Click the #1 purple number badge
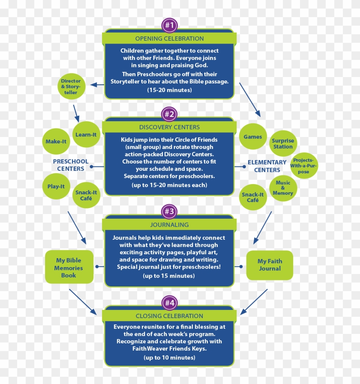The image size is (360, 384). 169,25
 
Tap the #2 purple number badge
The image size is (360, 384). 169,114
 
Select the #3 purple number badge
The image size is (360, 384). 169,211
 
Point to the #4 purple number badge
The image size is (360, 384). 169,303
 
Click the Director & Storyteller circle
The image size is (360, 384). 71,87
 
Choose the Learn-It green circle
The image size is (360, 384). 86,134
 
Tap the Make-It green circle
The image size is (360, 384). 56,142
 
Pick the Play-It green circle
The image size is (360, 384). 56,187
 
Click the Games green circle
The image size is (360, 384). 253,137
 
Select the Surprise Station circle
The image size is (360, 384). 283,143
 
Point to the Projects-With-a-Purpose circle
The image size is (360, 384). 304,166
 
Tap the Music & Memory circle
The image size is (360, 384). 283,188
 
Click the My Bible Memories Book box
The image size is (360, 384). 69,268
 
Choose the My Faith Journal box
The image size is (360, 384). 270,265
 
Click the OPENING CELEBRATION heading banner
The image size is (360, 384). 169,39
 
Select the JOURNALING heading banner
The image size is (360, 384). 169,224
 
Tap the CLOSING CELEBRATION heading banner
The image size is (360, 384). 169,316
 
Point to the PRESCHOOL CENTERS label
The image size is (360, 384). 71,165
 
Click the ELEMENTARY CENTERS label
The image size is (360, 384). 267,166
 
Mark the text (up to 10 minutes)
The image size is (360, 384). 169,357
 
